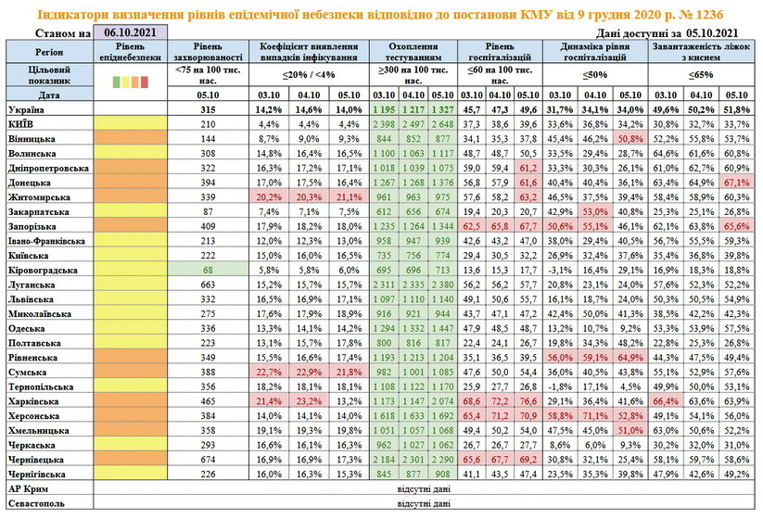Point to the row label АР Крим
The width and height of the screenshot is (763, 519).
28,489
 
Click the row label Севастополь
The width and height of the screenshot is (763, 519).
36,504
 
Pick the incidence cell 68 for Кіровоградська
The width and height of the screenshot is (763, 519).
208,270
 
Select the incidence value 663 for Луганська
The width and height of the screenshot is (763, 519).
208,285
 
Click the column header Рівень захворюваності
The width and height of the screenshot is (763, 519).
208,51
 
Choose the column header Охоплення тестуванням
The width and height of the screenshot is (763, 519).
409,51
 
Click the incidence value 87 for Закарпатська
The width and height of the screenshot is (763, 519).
208,211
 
